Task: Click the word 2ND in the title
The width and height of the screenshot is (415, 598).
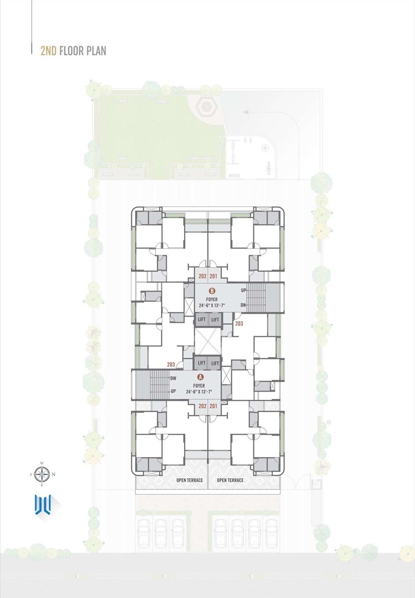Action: [x=48, y=51]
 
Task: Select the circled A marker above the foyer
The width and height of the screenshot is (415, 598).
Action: [x=200, y=377]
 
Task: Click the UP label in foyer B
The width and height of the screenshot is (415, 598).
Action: [x=243, y=290]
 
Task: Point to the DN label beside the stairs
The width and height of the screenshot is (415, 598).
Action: [x=243, y=305]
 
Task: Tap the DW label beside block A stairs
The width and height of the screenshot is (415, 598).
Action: [x=174, y=378]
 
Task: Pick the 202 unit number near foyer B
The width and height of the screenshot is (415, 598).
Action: [x=202, y=276]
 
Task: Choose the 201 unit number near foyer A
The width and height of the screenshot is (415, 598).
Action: [x=213, y=406]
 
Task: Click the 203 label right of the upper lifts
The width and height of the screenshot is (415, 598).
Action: [x=239, y=324]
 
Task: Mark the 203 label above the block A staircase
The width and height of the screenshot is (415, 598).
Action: [x=171, y=364]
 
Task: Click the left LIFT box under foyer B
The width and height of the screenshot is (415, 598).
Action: [x=201, y=319]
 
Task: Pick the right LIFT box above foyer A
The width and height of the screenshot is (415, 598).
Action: [x=215, y=363]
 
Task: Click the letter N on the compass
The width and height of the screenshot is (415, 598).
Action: [x=53, y=474]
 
